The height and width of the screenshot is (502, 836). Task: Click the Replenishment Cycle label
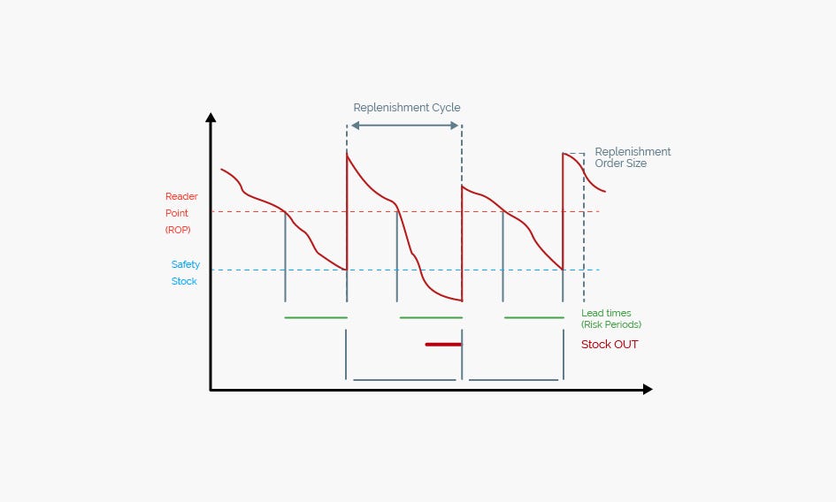tap(407, 108)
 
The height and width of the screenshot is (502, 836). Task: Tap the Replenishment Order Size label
tap(633, 157)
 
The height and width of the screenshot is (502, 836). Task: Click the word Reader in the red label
tap(181, 196)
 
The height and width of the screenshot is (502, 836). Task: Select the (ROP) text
tap(178, 230)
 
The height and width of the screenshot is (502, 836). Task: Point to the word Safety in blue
tap(186, 264)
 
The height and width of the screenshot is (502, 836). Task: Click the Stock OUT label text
tap(610, 345)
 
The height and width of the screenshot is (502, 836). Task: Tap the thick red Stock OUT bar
tap(443, 345)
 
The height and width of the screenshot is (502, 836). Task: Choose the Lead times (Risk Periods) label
tap(611, 319)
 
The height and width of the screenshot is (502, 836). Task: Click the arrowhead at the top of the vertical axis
tap(211, 118)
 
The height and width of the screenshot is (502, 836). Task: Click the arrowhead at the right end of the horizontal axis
tap(648, 390)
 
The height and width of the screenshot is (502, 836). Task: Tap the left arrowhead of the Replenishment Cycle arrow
tap(355, 125)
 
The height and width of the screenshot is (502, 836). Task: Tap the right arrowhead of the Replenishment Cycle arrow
tap(454, 125)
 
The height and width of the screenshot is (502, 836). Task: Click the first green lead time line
tap(316, 317)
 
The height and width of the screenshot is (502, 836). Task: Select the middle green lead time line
tap(431, 317)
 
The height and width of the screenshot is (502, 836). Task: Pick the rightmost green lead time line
tap(534, 317)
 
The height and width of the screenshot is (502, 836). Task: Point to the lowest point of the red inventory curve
tap(462, 301)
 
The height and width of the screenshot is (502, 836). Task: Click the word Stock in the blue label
tap(184, 281)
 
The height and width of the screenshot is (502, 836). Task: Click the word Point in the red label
tap(176, 213)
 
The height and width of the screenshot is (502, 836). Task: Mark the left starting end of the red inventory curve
tap(221, 170)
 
